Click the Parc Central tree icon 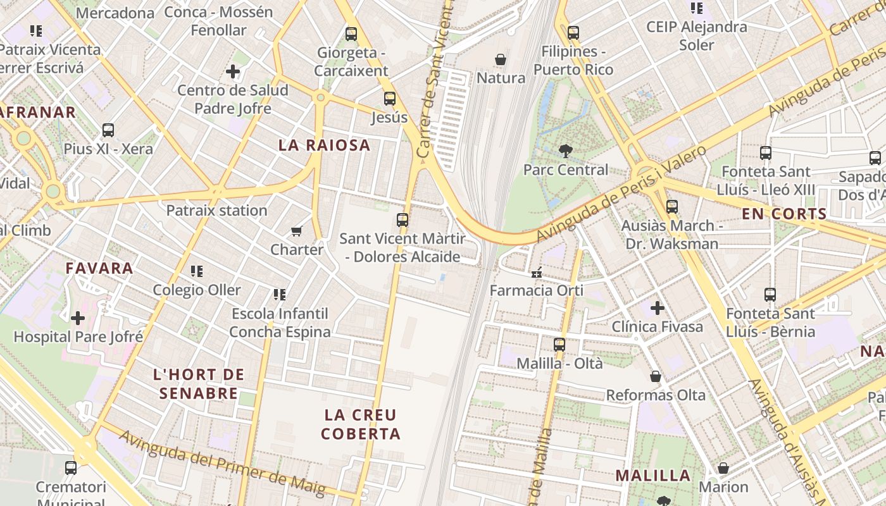[x=565, y=151]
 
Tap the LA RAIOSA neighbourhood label [x=324, y=145]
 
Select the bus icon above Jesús [x=390, y=99]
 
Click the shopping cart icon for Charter [x=296, y=231]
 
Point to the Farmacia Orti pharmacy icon [x=537, y=273]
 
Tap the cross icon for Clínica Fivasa [x=657, y=308]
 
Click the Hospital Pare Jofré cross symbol [x=78, y=318]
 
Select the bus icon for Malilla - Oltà [x=559, y=345]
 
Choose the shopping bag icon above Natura [x=501, y=59]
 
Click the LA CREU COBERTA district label [x=360, y=424]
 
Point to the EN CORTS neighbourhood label [x=784, y=214]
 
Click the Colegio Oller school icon [x=197, y=271]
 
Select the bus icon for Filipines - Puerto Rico [x=573, y=33]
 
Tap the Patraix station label [x=216, y=210]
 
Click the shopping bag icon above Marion [x=723, y=469]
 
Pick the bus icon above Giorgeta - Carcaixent [x=351, y=34]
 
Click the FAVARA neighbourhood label [x=99, y=268]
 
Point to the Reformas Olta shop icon [x=656, y=376]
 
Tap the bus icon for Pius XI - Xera [x=108, y=131]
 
